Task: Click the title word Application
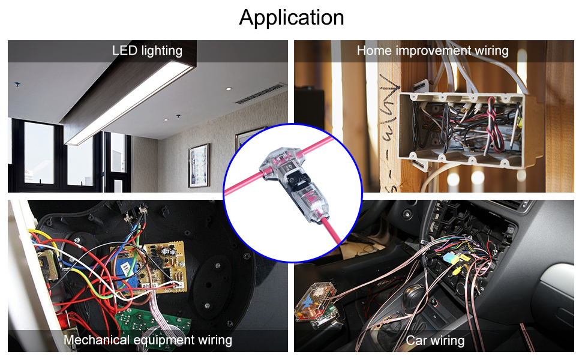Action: (292, 17)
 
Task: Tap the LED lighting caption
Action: (147, 50)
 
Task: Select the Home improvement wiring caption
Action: (433, 50)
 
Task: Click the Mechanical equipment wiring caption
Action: (148, 340)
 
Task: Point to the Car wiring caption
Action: (435, 341)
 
